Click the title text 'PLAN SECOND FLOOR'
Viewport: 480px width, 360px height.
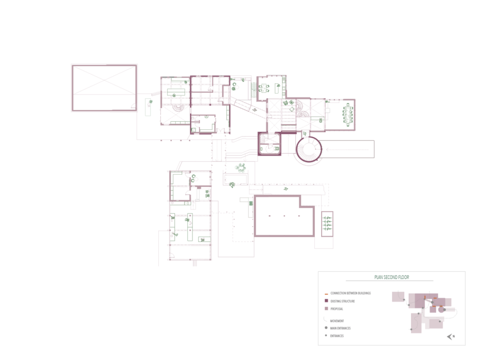pos(391,277)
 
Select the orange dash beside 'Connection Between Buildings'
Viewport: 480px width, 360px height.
pos(326,294)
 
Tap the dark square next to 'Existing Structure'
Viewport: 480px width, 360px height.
pos(326,301)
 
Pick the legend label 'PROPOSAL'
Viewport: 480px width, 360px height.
pos(336,309)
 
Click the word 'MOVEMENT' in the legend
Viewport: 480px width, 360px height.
pos(338,320)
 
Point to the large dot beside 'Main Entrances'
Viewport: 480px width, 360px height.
pos(326,328)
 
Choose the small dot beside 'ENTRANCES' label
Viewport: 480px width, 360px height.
pos(326,336)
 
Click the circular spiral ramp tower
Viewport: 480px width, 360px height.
pos(308,150)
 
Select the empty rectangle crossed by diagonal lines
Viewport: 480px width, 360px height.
pos(104,87)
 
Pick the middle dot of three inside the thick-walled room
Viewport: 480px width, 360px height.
pos(284,216)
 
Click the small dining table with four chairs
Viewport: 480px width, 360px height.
pos(265,88)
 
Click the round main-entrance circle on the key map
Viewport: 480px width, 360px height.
pos(441,310)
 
